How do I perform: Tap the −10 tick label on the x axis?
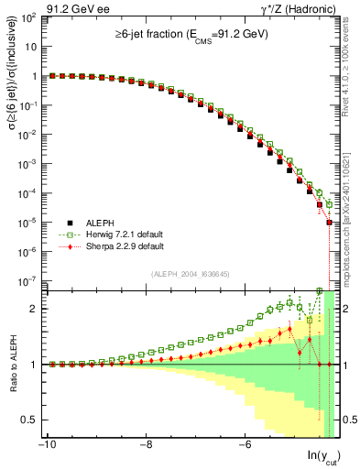46,444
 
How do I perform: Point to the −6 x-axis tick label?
245,444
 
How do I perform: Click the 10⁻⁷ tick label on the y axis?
25,280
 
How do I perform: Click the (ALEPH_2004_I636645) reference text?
191,274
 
